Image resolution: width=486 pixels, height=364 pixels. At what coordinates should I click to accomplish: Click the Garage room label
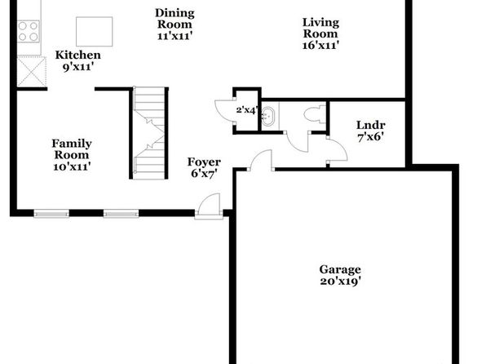340,269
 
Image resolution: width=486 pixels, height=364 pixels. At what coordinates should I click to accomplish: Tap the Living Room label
320,28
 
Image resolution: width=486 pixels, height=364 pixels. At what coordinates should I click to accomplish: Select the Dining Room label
175,19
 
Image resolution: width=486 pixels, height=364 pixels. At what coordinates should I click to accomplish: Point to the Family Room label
72,149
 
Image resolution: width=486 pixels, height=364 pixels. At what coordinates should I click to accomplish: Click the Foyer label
204,162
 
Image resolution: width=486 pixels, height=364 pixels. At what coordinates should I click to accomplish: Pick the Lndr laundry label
371,125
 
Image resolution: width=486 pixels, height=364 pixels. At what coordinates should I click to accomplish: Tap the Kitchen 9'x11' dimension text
78,67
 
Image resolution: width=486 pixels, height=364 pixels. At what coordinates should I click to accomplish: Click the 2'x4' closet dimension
247,109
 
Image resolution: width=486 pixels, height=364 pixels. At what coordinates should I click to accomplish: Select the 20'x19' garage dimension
340,281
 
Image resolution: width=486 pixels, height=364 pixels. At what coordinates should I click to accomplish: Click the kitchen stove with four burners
29,31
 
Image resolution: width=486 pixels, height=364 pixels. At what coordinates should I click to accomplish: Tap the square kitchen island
95,32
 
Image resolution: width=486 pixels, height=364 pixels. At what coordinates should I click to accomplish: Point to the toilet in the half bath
315,114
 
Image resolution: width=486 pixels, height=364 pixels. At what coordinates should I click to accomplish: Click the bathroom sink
268,117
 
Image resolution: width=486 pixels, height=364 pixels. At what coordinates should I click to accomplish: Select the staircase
149,133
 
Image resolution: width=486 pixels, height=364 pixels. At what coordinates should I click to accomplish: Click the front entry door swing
209,204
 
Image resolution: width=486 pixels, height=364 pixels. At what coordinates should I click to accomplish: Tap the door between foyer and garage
261,160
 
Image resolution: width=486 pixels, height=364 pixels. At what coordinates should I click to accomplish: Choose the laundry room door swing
338,149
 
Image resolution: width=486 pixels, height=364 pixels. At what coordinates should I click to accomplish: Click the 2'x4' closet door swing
225,109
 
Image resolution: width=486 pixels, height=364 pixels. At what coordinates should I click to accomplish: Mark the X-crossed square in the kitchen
32,72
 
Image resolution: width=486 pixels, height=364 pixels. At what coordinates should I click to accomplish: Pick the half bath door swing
298,142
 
